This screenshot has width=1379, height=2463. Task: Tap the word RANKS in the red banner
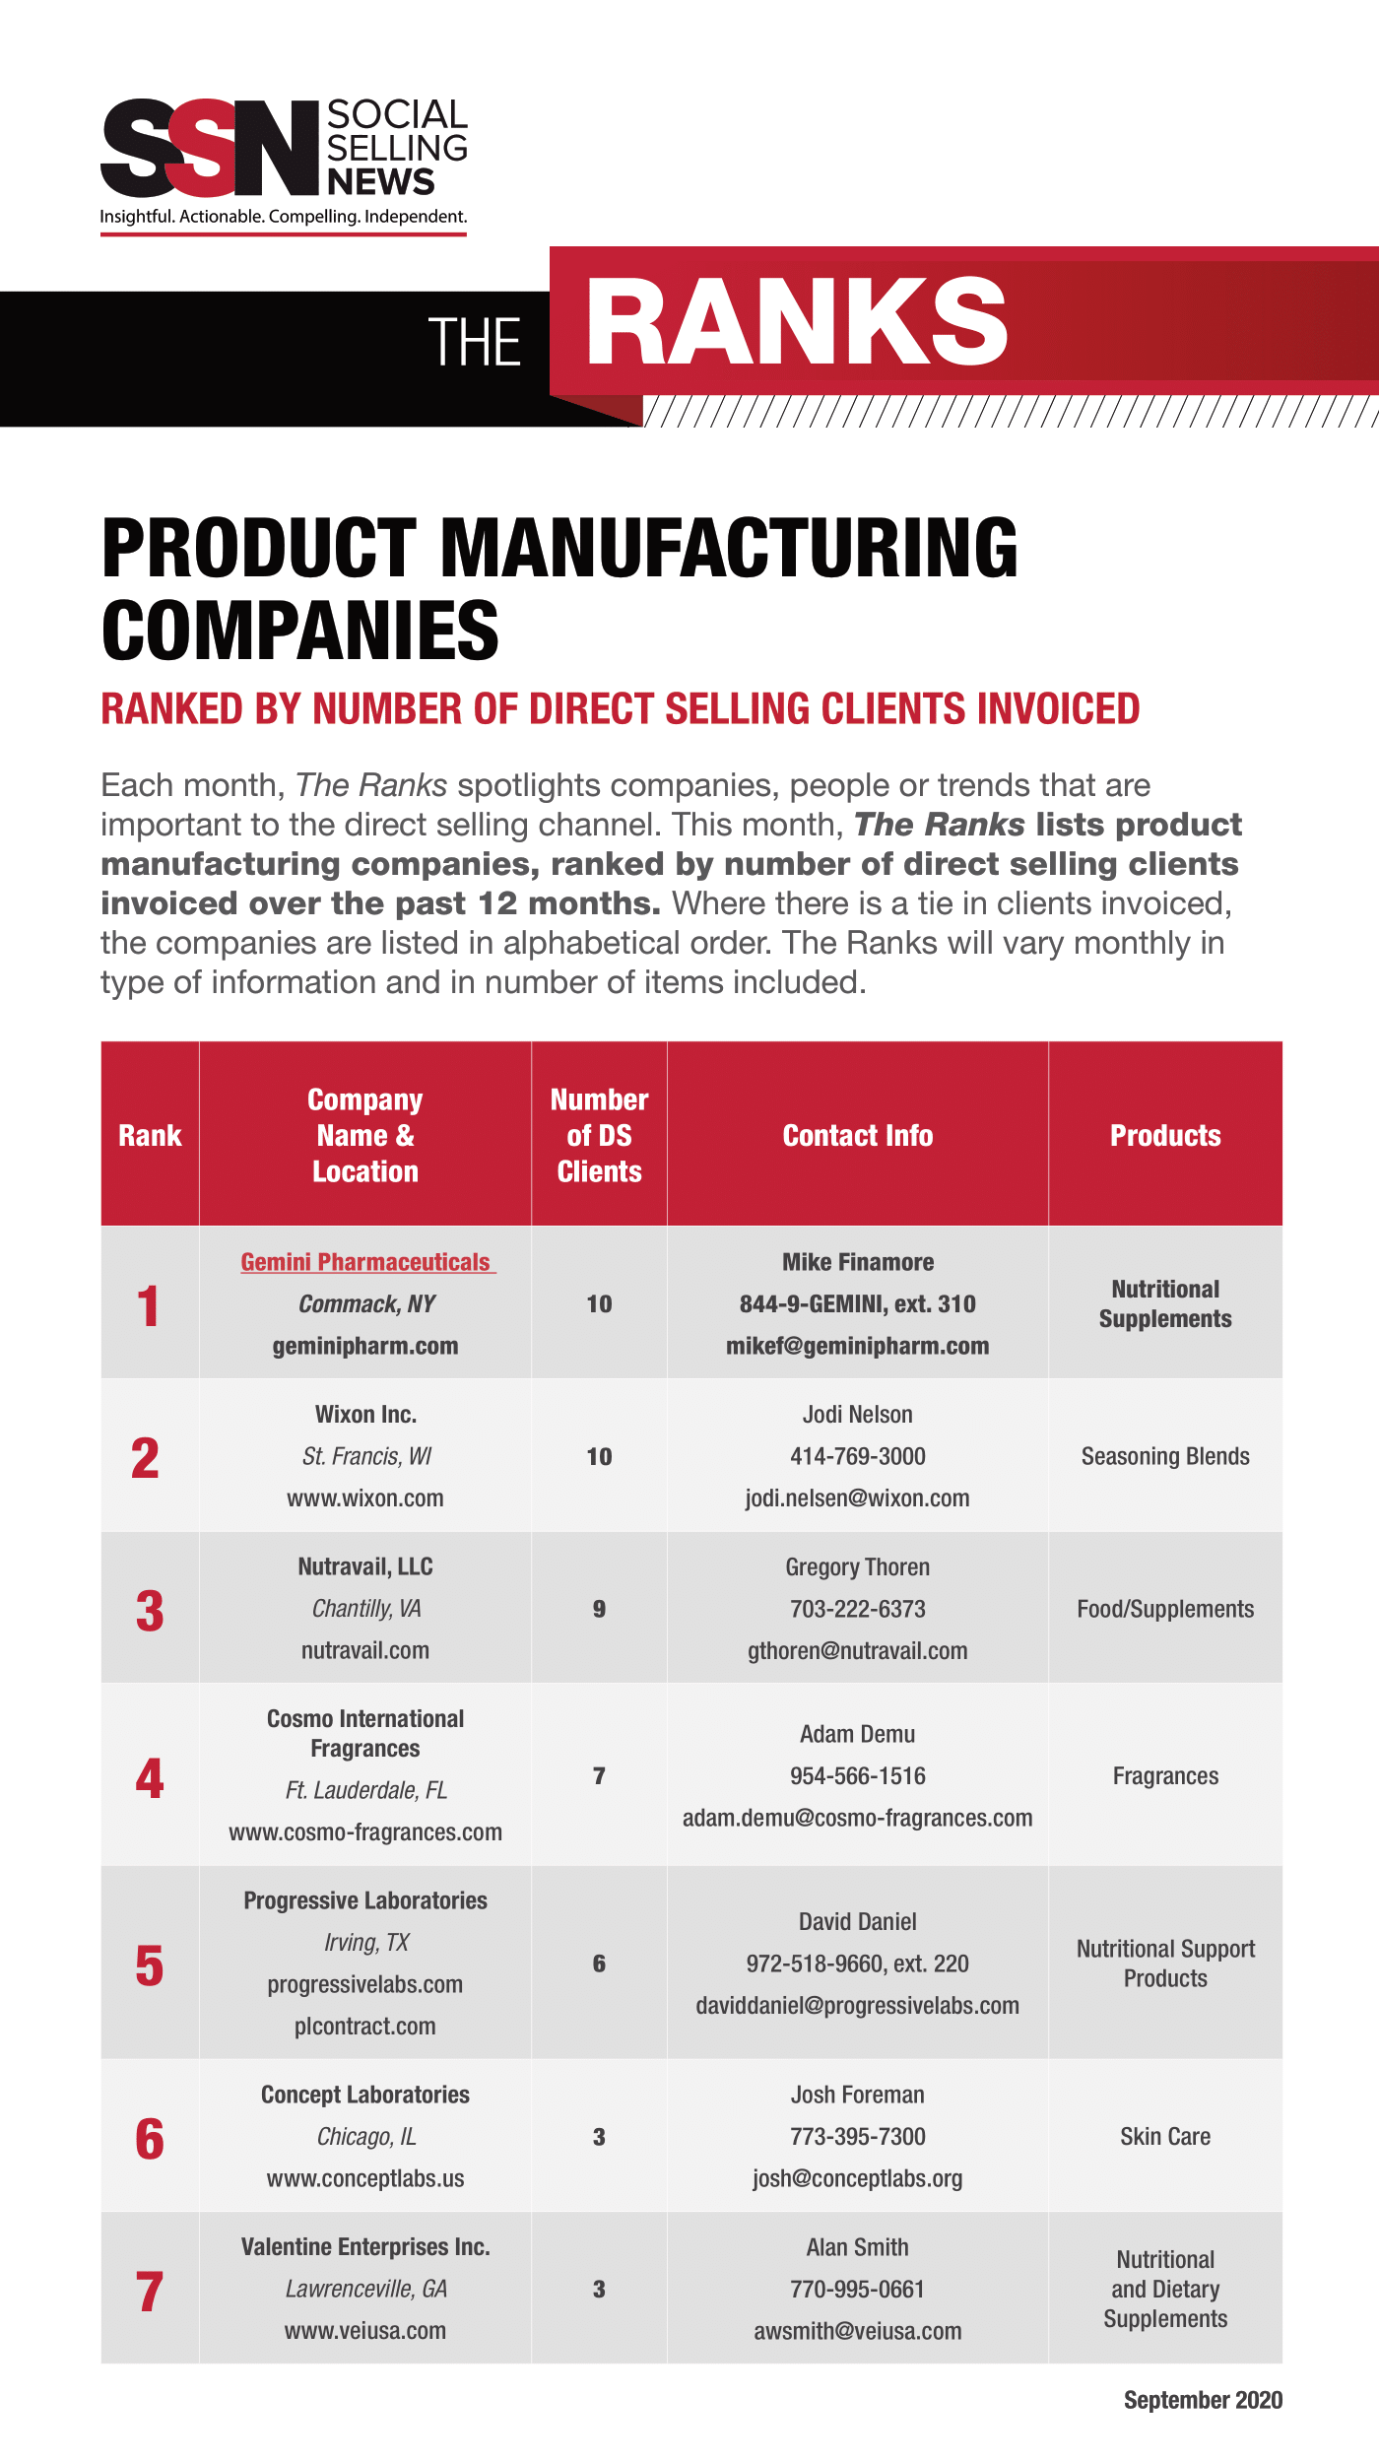click(796, 322)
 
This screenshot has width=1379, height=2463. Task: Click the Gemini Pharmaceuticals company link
click(366, 1262)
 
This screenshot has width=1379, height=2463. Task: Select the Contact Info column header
click(857, 1136)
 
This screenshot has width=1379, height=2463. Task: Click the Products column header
click(1165, 1136)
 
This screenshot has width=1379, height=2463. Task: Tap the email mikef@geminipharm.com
click(857, 1346)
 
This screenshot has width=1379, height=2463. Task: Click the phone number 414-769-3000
click(857, 1456)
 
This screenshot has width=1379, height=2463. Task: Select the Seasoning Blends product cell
click(1165, 1456)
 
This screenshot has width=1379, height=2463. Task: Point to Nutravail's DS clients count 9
click(599, 1609)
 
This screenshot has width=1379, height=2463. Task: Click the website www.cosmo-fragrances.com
click(365, 1832)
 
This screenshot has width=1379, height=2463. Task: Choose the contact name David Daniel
click(857, 1921)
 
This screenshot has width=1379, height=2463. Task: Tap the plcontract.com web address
click(365, 2027)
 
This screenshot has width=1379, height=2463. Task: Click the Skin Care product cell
click(1165, 2136)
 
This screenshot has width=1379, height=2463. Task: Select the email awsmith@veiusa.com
click(857, 2331)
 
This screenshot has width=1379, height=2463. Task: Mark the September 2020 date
click(1203, 2400)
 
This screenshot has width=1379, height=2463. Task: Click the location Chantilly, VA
click(365, 1609)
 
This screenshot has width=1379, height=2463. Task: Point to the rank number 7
click(149, 2291)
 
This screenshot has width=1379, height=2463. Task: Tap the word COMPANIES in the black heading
click(300, 632)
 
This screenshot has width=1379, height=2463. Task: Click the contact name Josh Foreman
click(857, 2095)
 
